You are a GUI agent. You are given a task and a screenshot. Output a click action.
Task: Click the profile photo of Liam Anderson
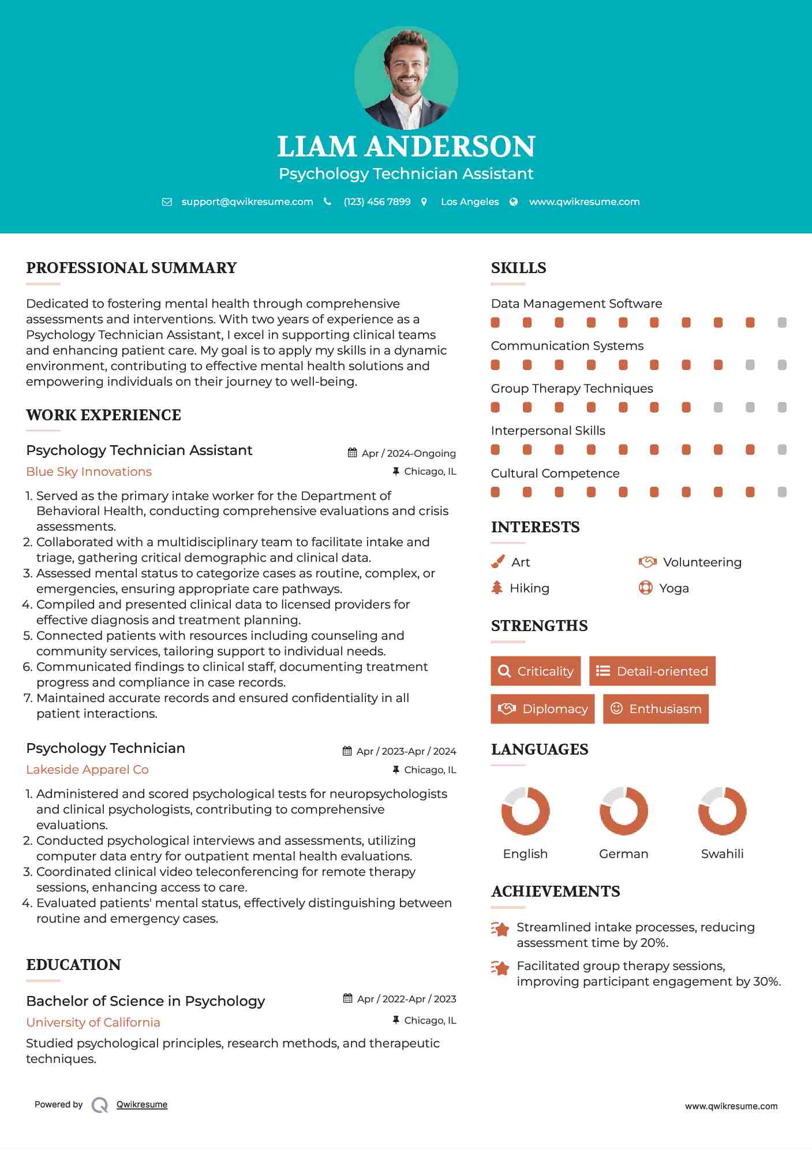[406, 77]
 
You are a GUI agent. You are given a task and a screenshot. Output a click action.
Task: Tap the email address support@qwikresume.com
[247, 202]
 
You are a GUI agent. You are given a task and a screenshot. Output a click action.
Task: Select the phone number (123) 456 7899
[377, 202]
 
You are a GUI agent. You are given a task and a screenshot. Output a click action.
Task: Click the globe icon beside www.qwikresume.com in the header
[514, 202]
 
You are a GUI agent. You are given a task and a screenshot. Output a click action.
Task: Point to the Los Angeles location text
[470, 202]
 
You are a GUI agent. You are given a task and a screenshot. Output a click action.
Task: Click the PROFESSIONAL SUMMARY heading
[132, 268]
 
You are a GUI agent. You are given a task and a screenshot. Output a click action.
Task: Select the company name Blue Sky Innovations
[89, 472]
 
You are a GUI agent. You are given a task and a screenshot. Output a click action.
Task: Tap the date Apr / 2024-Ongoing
[408, 453]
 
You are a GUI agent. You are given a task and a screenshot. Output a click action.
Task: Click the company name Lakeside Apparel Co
[87, 770]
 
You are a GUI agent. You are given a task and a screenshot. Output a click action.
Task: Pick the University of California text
[93, 1023]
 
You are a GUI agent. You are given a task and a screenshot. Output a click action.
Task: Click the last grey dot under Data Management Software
[782, 323]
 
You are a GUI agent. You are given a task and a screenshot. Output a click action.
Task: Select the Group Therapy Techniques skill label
[571, 389]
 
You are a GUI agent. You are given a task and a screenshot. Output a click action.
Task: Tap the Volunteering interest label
[702, 562]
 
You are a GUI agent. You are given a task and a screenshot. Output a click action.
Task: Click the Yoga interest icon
[645, 588]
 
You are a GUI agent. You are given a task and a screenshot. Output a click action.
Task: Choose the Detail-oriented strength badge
[652, 671]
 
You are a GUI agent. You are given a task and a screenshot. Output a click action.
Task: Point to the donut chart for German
[623, 811]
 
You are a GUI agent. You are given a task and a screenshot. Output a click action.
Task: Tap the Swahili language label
[722, 854]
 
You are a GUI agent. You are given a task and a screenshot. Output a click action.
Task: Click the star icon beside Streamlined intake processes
[500, 929]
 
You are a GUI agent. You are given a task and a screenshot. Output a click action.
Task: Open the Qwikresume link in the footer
[142, 1105]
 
